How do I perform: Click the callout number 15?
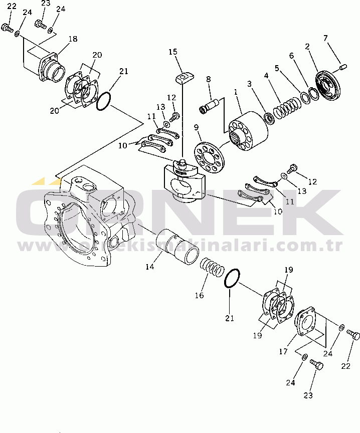point(173,52)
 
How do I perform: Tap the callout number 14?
point(150,267)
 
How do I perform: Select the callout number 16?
point(199,295)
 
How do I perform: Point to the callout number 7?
point(325,38)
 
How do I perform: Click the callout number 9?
point(196,127)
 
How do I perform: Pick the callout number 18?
point(73,39)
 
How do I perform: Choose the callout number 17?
point(283,351)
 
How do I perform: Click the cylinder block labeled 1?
point(248,131)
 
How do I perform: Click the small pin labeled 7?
point(343,67)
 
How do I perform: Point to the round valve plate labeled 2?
point(328,86)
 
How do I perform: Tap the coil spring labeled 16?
point(212,267)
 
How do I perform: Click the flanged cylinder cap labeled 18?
point(52,67)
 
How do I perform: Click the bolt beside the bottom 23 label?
point(316,365)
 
